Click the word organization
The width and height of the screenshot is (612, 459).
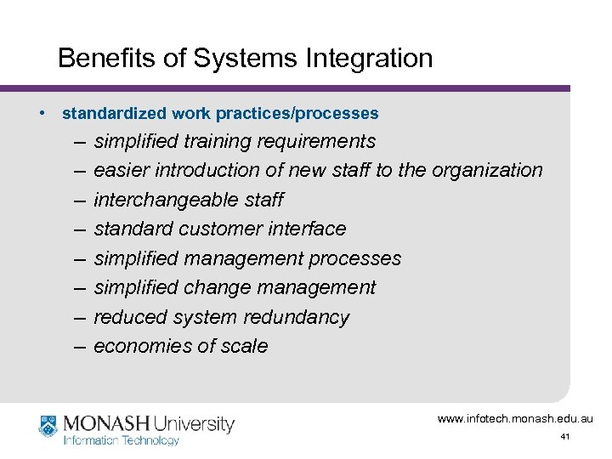487,171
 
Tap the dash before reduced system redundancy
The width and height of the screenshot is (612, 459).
79,317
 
